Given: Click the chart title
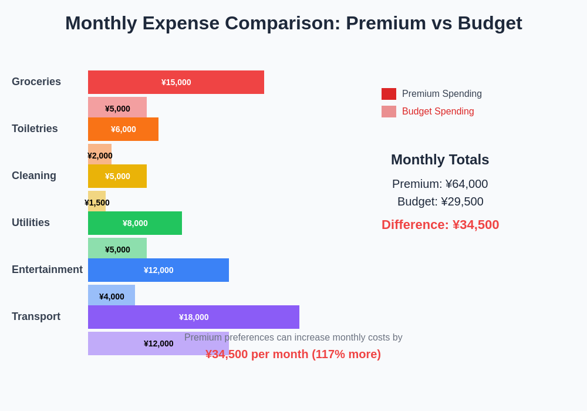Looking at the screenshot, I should click(293, 23).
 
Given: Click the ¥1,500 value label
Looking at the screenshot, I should click(97, 203).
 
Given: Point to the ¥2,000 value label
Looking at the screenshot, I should click(100, 156).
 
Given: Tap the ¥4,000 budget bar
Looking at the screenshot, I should click(112, 295).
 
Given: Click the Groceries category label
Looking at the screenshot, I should click(36, 82).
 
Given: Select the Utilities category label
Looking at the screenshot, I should click(31, 223).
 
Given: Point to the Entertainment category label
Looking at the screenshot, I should click(47, 269).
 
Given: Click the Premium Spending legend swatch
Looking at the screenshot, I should click(389, 94).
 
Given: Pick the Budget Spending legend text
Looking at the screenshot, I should click(438, 112).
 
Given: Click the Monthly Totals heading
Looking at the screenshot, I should click(440, 160).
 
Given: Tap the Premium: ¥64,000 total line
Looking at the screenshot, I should click(440, 184).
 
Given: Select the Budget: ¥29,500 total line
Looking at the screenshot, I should click(440, 201).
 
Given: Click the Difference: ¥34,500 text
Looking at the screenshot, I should click(440, 225).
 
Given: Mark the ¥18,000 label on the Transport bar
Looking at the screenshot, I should click(194, 317).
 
